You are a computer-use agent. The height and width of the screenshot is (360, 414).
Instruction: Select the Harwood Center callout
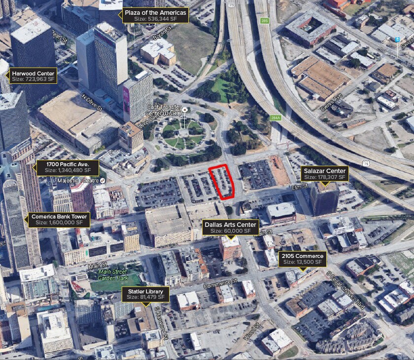pos(34,75)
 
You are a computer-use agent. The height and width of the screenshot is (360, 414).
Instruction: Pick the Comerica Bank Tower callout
pos(59,219)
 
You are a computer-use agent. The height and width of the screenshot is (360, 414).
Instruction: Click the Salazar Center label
pos(325,174)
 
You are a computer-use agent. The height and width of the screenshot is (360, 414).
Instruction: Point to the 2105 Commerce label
pos(303,259)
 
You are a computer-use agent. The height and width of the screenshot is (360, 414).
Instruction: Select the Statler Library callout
pos(145,294)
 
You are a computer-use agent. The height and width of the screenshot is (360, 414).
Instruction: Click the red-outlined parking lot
pos(222,181)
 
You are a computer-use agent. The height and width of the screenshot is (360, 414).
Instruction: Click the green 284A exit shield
pos(275,117)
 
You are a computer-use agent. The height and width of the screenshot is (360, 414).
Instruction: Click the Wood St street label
pos(251,332)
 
